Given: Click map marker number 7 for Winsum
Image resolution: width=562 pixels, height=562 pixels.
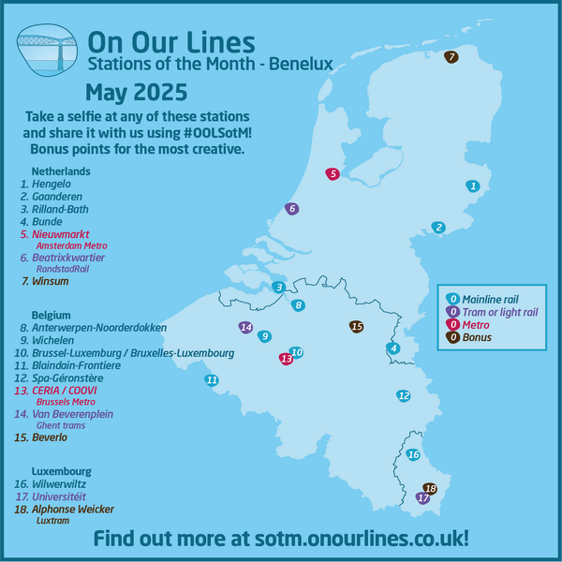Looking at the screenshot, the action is (451, 57).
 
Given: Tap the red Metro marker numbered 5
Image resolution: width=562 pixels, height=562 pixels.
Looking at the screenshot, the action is (332, 173).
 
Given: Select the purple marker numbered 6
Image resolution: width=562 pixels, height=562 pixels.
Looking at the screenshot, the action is (292, 208).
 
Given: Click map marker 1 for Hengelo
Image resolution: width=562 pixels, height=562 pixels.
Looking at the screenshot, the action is (473, 186).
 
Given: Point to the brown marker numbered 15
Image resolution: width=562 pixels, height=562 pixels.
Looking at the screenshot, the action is (356, 326).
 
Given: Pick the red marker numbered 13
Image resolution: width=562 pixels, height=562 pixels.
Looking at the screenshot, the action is (286, 358).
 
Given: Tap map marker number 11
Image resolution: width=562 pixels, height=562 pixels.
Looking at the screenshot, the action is (212, 379).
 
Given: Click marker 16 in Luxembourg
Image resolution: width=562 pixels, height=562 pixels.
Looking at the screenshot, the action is (413, 454).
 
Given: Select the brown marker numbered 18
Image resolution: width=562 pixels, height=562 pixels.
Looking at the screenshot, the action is (430, 489).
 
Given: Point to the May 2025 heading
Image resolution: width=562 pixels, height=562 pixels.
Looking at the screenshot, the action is (136, 93).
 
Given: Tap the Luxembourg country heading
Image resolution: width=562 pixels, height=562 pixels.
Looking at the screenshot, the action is (61, 470).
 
